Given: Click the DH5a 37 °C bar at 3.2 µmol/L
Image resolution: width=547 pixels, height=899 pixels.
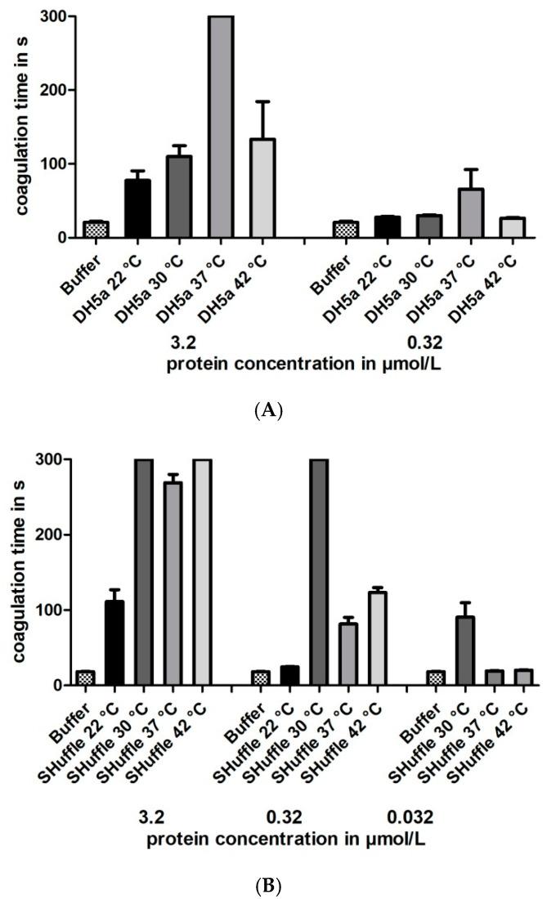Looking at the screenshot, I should pos(221,127).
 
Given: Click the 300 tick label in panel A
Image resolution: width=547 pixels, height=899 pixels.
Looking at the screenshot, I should pos(54,16).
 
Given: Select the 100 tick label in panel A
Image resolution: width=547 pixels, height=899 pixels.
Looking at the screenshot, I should pos(54,164).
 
